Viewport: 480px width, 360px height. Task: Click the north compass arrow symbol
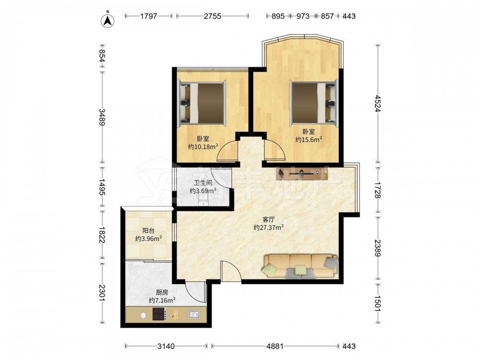pyautogui.click(x=108, y=20)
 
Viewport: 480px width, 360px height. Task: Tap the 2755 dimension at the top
pyautogui.click(x=213, y=16)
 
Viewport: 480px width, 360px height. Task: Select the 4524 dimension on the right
pyautogui.click(x=378, y=104)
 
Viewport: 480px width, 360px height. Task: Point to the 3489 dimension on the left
pyautogui.click(x=102, y=117)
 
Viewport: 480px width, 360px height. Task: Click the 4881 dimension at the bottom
pyautogui.click(x=275, y=346)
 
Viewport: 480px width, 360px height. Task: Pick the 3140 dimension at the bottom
pyautogui.click(x=166, y=346)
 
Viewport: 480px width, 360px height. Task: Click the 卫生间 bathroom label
pyautogui.click(x=203, y=183)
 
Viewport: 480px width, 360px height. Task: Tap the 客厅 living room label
pyautogui.click(x=268, y=219)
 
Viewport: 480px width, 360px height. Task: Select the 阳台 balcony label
pyautogui.click(x=148, y=231)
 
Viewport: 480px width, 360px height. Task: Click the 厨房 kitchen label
pyautogui.click(x=162, y=292)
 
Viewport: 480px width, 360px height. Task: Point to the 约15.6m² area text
pyautogui.click(x=309, y=140)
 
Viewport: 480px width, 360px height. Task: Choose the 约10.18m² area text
pyautogui.click(x=203, y=146)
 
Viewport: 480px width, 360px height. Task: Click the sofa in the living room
pyautogui.click(x=300, y=266)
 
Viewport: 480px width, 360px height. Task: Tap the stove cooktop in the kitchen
pyautogui.click(x=159, y=314)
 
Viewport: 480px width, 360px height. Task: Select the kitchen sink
pyautogui.click(x=194, y=314)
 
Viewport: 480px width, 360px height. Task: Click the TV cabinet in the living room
pyautogui.click(x=302, y=174)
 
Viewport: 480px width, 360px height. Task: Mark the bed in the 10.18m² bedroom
pyautogui.click(x=202, y=103)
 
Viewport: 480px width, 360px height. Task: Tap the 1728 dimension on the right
pyautogui.click(x=378, y=190)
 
